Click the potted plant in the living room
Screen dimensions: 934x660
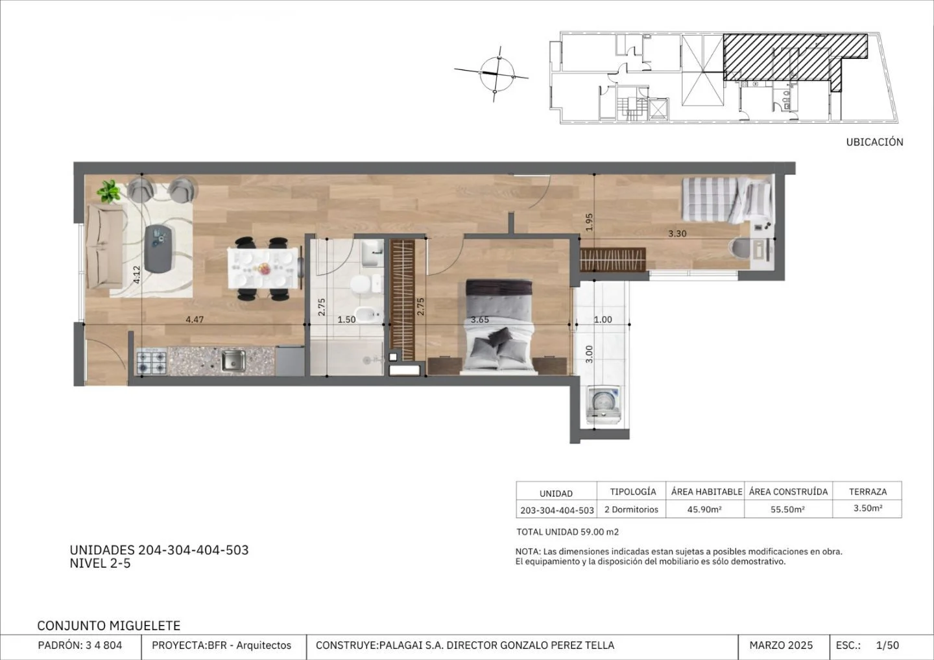pos(109,191)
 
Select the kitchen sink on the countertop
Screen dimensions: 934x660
pos(233,361)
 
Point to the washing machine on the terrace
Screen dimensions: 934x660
pos(604,405)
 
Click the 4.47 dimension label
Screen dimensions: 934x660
pos(195,320)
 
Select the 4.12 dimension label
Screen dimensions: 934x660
pos(137,275)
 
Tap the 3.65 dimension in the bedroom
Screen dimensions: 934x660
pos(480,320)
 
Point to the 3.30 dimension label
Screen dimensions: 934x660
pos(677,234)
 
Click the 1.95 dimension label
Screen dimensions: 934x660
pos(589,222)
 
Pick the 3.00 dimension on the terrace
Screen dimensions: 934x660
pos(589,354)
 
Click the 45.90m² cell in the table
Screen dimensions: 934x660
pos(704,509)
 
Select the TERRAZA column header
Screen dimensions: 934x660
pos(868,491)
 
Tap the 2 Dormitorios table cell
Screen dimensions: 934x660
pos(631,509)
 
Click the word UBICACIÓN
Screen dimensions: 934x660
pos(875,142)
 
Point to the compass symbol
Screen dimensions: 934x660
pos(496,74)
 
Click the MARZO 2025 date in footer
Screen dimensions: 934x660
pos(781,646)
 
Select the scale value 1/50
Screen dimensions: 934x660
pos(888,646)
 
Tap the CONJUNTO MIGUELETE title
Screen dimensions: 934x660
pos(109,626)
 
